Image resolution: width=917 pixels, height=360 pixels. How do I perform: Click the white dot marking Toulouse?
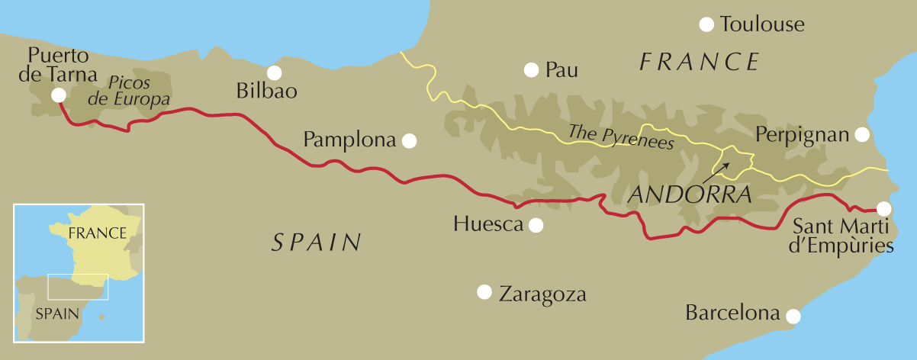(707, 24)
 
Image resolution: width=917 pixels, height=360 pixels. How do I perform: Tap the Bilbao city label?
(267, 92)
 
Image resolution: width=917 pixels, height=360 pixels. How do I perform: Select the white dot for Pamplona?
(410, 140)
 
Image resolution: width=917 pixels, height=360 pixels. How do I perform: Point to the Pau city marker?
(531, 70)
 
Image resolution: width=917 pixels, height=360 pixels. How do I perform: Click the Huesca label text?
(487, 224)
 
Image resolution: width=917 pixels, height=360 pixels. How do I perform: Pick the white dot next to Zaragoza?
(484, 292)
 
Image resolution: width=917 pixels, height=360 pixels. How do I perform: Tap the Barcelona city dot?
(793, 315)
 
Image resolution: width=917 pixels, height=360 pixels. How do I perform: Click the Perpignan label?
(802, 135)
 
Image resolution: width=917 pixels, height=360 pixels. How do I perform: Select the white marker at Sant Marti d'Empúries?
(883, 208)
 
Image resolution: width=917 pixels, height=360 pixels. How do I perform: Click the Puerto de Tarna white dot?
(58, 95)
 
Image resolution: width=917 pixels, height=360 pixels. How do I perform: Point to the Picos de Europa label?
(138, 89)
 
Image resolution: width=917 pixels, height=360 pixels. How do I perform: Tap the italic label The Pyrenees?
(621, 137)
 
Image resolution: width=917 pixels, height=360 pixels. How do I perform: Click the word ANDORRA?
(690, 195)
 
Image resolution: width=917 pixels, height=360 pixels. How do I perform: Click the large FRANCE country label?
(700, 61)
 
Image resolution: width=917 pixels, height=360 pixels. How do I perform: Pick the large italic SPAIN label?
(317, 243)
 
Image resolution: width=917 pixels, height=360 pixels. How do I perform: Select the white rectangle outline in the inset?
(78, 287)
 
